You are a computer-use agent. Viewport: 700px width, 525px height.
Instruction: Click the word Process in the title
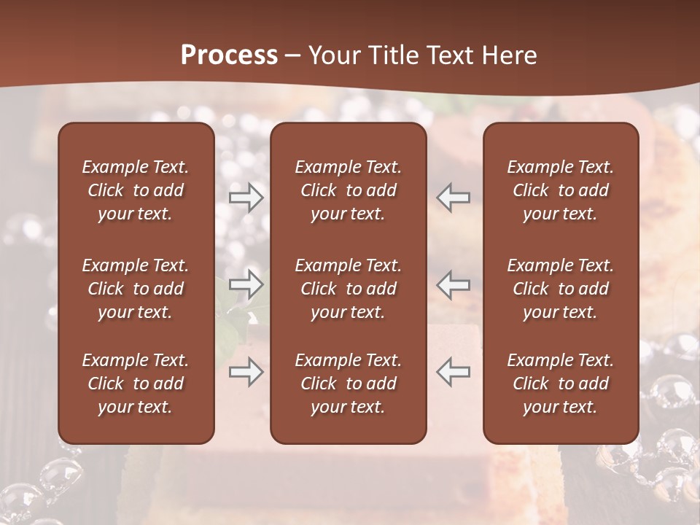point(229,55)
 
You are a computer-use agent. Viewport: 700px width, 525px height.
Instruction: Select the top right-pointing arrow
point(246,198)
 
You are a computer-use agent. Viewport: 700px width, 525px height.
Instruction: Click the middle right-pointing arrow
point(246,285)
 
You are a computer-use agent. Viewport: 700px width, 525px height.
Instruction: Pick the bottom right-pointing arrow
point(246,372)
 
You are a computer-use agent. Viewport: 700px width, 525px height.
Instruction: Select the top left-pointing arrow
point(454,198)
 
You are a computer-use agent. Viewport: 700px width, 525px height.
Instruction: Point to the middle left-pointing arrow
point(454,285)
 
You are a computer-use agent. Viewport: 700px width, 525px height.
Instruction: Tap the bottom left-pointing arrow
point(454,372)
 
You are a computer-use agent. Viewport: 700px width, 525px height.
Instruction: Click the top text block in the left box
point(136,190)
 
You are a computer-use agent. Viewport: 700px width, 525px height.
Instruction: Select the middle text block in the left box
point(136,289)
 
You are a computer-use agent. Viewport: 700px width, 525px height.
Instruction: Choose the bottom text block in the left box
point(136,384)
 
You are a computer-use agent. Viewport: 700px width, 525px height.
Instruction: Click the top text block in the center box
point(349,190)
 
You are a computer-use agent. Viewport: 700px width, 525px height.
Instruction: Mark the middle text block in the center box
point(349,289)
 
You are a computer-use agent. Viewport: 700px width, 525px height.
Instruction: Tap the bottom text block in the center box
point(349,384)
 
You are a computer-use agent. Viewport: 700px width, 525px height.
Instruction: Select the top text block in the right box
point(561,190)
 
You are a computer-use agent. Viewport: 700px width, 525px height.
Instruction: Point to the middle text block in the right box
point(561,289)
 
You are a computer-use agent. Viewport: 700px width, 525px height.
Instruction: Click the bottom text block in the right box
point(561,384)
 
